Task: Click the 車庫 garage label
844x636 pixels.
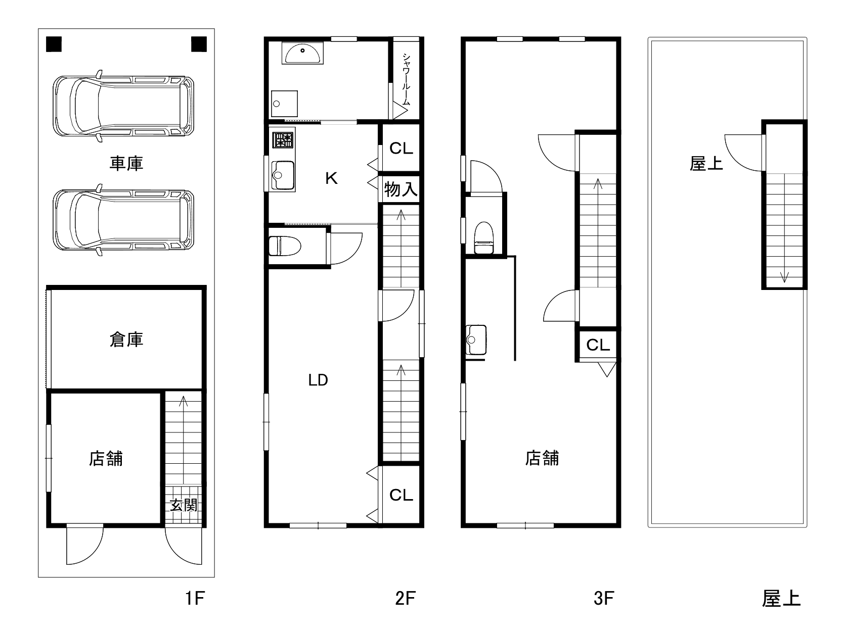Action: (x=126, y=163)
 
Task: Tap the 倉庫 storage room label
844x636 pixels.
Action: (x=126, y=339)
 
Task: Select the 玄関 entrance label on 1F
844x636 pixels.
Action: (x=183, y=505)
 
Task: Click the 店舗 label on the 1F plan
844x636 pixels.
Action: (x=106, y=459)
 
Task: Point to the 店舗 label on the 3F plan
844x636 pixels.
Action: (x=542, y=458)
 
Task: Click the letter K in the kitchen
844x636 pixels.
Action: (x=331, y=178)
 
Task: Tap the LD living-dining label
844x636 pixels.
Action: (x=318, y=380)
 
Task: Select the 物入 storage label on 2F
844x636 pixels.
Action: (x=401, y=189)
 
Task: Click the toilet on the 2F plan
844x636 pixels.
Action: (x=284, y=246)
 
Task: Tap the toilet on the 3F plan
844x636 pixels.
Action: (x=484, y=238)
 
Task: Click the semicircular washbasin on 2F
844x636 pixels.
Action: (x=303, y=53)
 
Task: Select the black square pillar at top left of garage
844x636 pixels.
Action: (x=54, y=44)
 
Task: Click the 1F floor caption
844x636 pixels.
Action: (x=194, y=599)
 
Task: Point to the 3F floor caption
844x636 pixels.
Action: (x=603, y=599)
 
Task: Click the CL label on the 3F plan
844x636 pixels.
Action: (x=598, y=345)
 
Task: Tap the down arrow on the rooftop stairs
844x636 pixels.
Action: (x=784, y=277)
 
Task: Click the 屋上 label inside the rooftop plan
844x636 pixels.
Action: (x=706, y=163)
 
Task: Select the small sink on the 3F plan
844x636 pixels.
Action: (x=476, y=339)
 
